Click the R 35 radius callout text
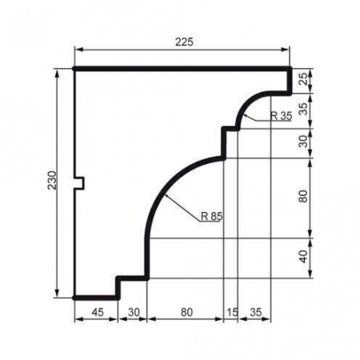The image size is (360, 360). [281, 116]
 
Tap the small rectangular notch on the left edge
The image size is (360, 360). [80, 183]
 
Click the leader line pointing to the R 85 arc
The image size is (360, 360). [180, 207]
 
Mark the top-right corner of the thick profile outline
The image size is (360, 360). [290, 70]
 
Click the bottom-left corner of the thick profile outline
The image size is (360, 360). [74, 297]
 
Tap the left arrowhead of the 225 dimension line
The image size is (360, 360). [78, 49]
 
